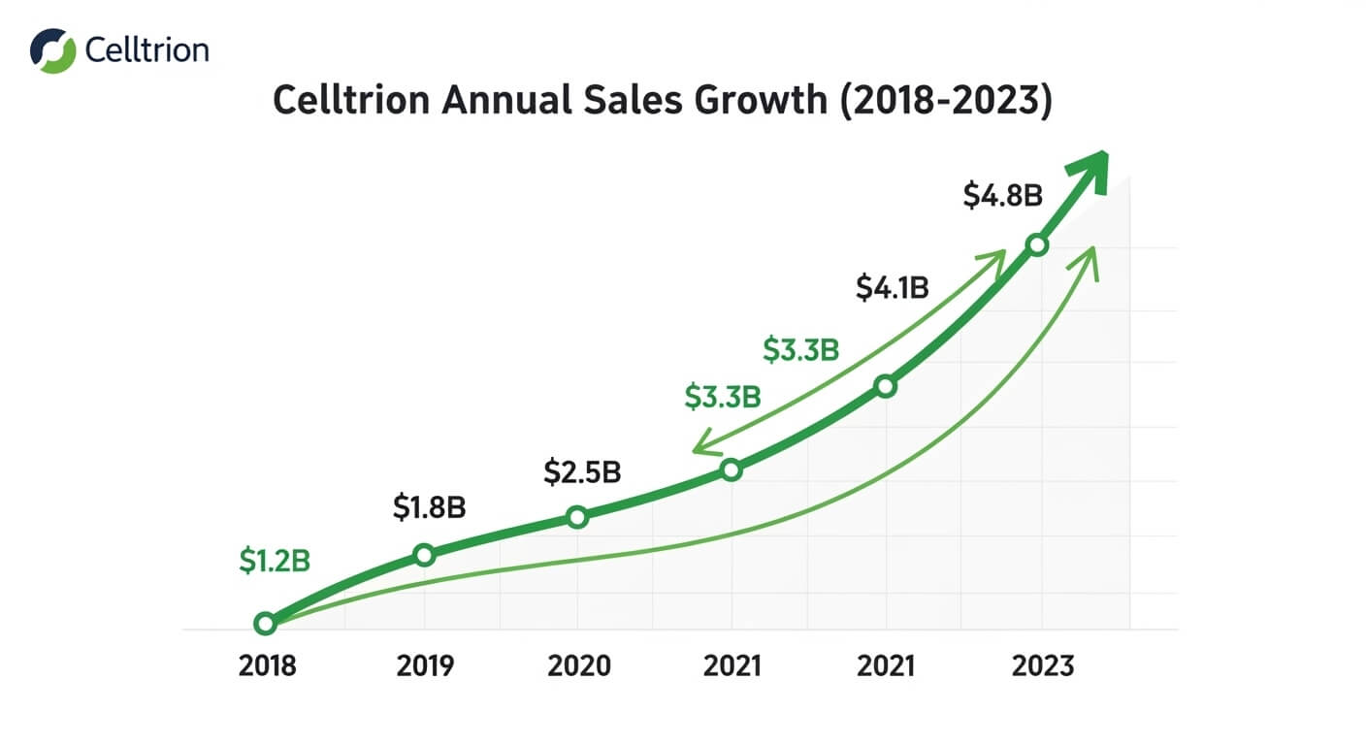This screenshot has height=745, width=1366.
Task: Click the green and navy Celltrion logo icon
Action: pos(52,50)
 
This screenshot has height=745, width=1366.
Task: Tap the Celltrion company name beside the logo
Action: pos(146,50)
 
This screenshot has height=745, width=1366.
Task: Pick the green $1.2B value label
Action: pos(274,561)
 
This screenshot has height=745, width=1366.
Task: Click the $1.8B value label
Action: pos(429,508)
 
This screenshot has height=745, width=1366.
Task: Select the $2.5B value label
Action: pos(581,472)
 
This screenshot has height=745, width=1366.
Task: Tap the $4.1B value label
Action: pos(893,287)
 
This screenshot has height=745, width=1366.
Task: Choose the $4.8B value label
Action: pos(1002,196)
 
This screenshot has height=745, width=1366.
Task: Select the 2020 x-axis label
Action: pos(579,666)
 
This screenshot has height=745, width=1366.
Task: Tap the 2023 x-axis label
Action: pos(1043,666)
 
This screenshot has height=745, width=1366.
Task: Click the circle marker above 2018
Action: pos(265,623)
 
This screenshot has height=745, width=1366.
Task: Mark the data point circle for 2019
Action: pos(424,555)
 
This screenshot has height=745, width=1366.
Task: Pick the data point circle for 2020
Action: pos(577,517)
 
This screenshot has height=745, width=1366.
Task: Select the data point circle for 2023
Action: pos(1037,244)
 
